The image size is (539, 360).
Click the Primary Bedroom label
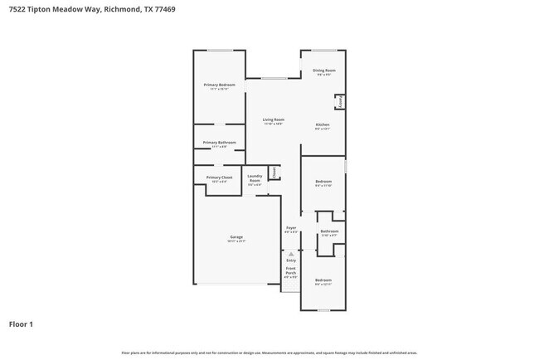(x=220, y=85)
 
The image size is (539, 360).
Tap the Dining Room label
(x=323, y=71)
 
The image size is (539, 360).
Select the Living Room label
(x=274, y=120)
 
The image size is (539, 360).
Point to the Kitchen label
(x=323, y=124)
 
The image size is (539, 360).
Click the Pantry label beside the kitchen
(x=339, y=101)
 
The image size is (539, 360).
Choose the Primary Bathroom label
(x=220, y=142)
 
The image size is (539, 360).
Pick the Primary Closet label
(x=220, y=177)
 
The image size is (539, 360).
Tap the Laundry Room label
(x=255, y=178)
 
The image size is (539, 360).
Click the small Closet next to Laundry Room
(x=273, y=173)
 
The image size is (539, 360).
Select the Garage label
(x=236, y=236)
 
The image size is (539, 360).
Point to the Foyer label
(x=291, y=227)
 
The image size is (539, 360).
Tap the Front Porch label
(x=291, y=270)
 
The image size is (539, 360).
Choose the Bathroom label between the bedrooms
(x=329, y=231)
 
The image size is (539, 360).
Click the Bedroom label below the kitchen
(x=323, y=181)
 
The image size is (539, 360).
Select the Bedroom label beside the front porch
(x=323, y=280)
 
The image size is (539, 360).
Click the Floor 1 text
(x=21, y=324)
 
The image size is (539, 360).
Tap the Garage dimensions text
(x=236, y=241)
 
